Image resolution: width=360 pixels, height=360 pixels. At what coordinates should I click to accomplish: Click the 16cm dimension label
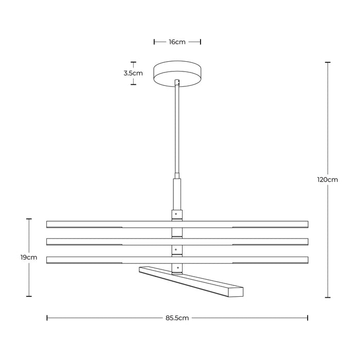coord(177,42)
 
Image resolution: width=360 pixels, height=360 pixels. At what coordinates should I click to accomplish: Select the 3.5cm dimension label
coord(133,73)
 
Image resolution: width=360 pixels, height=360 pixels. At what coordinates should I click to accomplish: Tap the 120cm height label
coord(328,180)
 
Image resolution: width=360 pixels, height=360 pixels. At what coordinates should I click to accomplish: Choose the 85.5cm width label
coord(177,318)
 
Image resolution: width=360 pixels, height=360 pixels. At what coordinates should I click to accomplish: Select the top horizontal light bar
coord(103,224)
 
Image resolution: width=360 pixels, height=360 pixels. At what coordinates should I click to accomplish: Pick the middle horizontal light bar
coord(103,241)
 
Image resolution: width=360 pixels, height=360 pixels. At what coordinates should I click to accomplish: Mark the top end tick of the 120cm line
coord(328,62)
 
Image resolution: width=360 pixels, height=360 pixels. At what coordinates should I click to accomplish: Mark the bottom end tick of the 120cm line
coord(328,297)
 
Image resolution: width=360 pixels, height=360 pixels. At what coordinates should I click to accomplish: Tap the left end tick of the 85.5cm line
coord(47,318)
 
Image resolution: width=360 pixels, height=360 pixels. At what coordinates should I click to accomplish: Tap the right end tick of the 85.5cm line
coord(308,318)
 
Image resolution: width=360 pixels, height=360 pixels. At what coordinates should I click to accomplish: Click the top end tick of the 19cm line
coord(29,219)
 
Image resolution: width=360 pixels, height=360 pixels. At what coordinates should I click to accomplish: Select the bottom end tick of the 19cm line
coord(29,297)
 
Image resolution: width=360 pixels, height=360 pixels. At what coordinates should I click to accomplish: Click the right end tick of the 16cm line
coord(200,42)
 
